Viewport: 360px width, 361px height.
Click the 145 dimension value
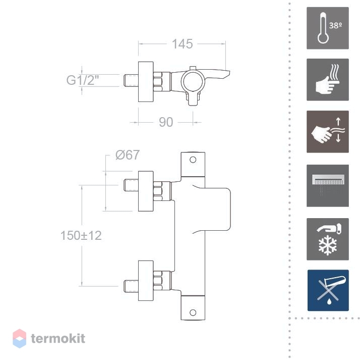(183, 44)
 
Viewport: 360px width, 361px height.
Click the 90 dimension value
(166, 122)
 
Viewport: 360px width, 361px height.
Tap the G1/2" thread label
(83, 80)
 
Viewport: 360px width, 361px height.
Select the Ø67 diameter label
(128, 154)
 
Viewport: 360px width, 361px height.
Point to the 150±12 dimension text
(81, 235)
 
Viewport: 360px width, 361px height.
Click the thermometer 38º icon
(328, 28)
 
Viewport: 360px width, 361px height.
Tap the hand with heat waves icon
(328, 80)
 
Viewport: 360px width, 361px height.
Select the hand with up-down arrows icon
(328, 132)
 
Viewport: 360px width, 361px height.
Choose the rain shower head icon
(328, 186)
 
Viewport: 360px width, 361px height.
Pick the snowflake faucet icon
(328, 239)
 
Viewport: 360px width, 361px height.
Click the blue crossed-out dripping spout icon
(328, 290)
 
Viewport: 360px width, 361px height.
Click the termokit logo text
(58, 338)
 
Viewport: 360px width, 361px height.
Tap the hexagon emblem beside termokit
(20, 338)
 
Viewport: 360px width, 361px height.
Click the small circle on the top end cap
(193, 160)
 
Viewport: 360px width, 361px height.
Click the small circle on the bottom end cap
(193, 313)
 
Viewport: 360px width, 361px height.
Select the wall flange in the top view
(146, 82)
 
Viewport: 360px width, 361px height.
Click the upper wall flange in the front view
(146, 191)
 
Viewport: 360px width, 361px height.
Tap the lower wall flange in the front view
(146, 281)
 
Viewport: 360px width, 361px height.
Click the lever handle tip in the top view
(229, 73)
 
